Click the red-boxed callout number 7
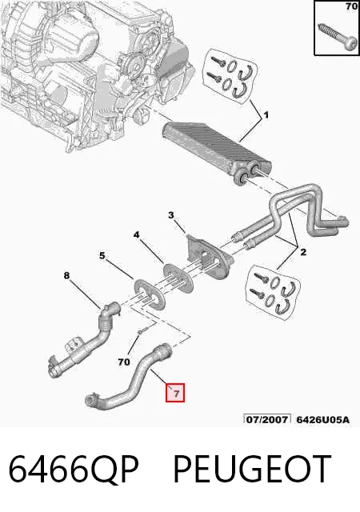click(x=175, y=393)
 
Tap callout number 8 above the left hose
click(x=66, y=276)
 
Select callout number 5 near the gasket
click(x=102, y=256)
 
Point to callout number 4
click(x=136, y=234)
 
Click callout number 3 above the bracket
click(x=171, y=215)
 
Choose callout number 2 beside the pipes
click(x=303, y=252)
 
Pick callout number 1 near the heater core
click(x=266, y=115)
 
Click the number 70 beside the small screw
click(x=124, y=362)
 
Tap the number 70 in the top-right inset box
click(x=351, y=6)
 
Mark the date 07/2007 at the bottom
click(x=267, y=419)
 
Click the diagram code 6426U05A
click(x=322, y=419)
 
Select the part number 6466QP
click(x=74, y=469)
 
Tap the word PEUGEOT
click(x=252, y=469)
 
